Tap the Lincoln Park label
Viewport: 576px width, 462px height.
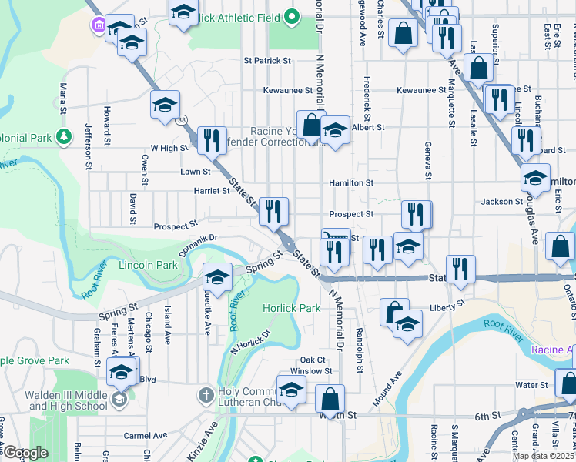tap(148, 265)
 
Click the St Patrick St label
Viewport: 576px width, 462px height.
tap(267, 60)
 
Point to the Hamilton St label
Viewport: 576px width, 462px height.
tap(351, 183)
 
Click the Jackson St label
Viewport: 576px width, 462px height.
tap(502, 202)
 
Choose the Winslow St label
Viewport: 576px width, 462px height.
tap(316, 371)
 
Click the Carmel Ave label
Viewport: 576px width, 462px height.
tap(146, 435)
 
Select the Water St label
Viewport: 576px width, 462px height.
tap(531, 385)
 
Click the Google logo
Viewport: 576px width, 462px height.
tap(25, 452)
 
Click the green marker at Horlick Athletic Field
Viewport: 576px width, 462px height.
tap(292, 16)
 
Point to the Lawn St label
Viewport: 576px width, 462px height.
tap(196, 172)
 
